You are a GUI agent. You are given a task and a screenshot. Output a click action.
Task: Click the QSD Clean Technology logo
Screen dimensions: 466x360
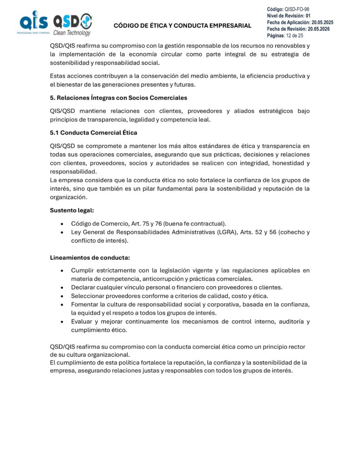click(72, 24)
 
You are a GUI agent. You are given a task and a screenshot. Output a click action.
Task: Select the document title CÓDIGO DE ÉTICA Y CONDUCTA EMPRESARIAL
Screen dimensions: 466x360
click(182, 25)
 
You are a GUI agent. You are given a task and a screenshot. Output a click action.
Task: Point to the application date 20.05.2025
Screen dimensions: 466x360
click(322, 22)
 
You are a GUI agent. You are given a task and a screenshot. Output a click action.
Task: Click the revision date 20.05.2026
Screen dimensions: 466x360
click(320, 29)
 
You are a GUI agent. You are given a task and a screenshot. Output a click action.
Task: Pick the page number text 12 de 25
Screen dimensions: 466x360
click(295, 35)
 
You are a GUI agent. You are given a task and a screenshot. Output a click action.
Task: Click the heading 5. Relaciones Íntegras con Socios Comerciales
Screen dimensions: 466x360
click(118, 97)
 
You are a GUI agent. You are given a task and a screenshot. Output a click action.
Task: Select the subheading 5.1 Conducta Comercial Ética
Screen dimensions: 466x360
click(93, 133)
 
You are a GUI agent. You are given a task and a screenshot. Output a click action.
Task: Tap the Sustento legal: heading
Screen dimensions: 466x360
click(72, 210)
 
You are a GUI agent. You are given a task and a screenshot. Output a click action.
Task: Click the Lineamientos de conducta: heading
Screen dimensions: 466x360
click(90, 258)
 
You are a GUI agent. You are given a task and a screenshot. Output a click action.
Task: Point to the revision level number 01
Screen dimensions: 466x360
click(308, 16)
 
